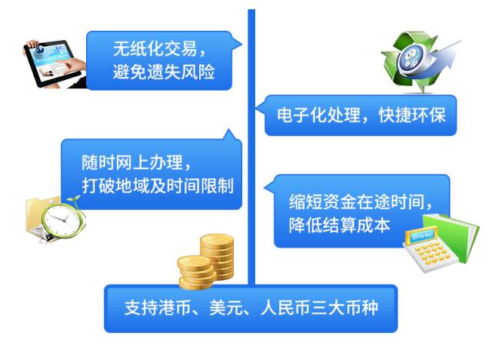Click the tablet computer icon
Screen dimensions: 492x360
pyautogui.click(x=54, y=64)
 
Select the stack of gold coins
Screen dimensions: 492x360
pyautogui.click(x=206, y=262)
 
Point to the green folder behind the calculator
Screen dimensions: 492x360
pyautogui.click(x=455, y=235)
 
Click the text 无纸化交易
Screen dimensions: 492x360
pyautogui.click(x=155, y=48)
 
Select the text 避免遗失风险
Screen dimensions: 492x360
pyautogui.click(x=164, y=72)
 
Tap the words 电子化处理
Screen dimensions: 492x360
pyautogui.click(x=319, y=115)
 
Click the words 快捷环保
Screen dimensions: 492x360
pyautogui.click(x=412, y=115)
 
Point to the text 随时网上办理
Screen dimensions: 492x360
pyautogui.click(x=132, y=162)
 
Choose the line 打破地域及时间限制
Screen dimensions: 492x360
pyautogui.click(x=158, y=186)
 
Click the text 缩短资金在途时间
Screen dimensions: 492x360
pyautogui.click(x=357, y=202)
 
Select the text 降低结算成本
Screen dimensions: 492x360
pyautogui.click(x=339, y=225)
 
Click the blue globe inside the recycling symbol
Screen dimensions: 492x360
pyautogui.click(x=412, y=58)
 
